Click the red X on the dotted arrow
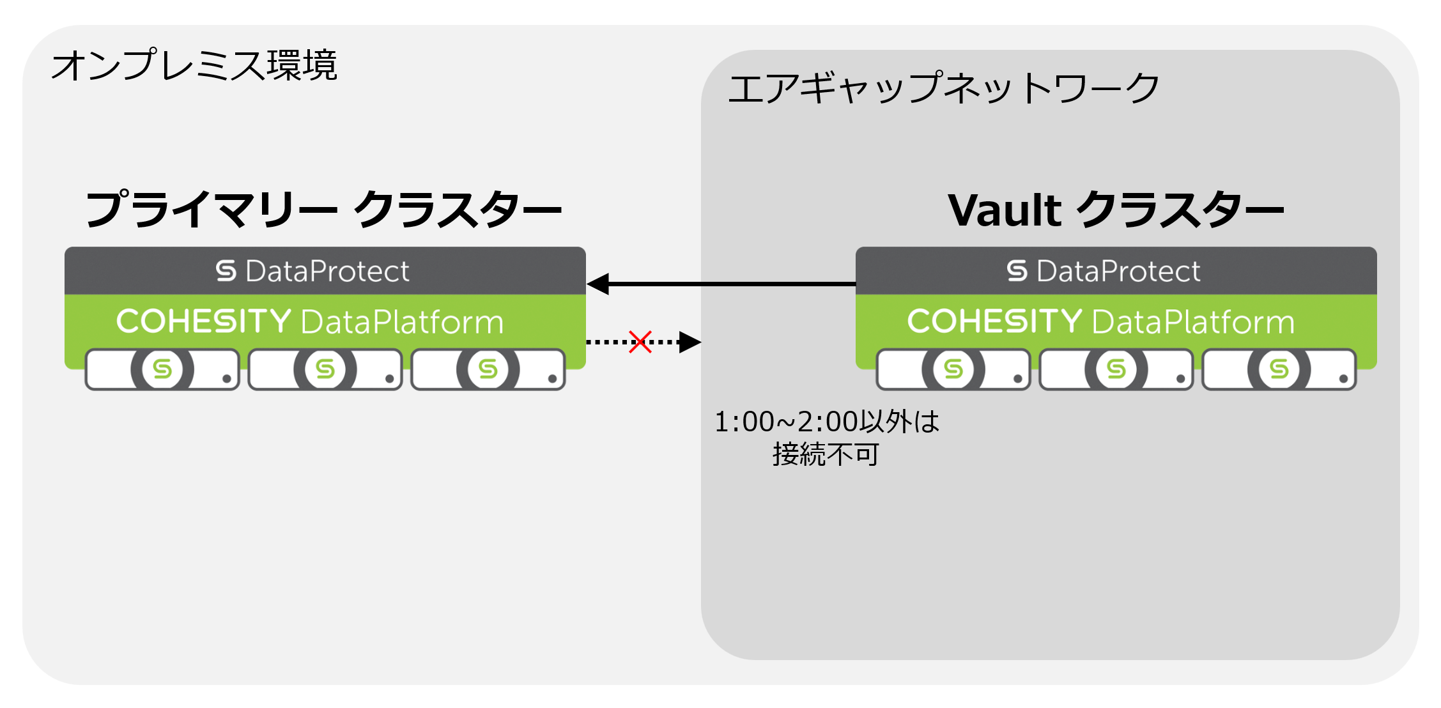click(640, 342)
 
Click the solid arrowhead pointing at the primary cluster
click(598, 284)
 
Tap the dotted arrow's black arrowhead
click(690, 342)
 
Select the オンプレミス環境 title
click(194, 65)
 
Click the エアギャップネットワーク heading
click(943, 88)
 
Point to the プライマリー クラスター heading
click(323, 210)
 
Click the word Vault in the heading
click(1005, 210)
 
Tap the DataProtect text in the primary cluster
click(327, 271)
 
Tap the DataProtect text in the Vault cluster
click(1118, 271)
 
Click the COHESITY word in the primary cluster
click(203, 321)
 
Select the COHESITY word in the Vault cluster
click(994, 321)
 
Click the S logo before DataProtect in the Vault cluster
click(1017, 271)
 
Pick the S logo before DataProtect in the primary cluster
click(226, 271)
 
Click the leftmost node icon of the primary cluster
click(162, 369)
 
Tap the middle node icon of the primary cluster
click(325, 369)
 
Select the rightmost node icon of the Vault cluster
click(1279, 369)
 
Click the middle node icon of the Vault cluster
click(1116, 369)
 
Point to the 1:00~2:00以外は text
click(826, 422)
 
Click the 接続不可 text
click(826, 454)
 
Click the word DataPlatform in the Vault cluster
click(1194, 322)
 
